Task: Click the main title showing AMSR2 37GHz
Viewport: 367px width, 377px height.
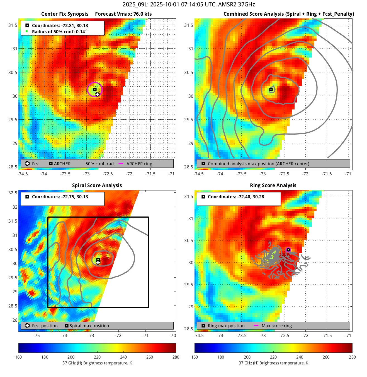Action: (x=189, y=4)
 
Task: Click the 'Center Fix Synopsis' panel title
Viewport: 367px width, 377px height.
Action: (x=65, y=14)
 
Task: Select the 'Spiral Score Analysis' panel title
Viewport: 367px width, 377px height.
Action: (x=97, y=185)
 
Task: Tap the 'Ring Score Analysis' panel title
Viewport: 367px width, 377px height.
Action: (x=273, y=185)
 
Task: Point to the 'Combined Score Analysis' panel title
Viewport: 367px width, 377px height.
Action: (x=289, y=14)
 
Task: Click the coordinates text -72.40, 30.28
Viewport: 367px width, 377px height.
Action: (x=236, y=197)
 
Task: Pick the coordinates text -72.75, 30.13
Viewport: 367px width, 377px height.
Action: (x=60, y=197)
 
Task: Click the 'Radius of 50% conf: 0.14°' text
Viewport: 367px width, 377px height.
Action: (x=60, y=32)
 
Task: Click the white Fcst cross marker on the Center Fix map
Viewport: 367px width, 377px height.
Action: (x=97, y=94)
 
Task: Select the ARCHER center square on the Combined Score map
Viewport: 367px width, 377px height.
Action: (x=271, y=90)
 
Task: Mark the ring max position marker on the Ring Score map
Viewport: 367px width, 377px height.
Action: (x=288, y=250)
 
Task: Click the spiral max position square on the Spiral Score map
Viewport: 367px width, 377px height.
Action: (x=98, y=260)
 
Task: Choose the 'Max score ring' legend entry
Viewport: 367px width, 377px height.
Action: (x=276, y=326)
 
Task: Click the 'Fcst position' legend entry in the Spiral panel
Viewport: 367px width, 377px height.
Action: (x=45, y=326)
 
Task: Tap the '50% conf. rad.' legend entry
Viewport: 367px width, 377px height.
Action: (x=100, y=164)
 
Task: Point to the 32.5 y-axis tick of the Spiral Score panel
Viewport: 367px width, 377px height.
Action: (x=13, y=193)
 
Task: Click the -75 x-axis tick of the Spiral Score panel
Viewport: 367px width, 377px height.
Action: (x=37, y=335)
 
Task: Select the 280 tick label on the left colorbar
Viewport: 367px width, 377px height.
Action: (x=176, y=357)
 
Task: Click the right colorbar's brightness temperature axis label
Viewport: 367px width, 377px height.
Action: (x=273, y=363)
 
